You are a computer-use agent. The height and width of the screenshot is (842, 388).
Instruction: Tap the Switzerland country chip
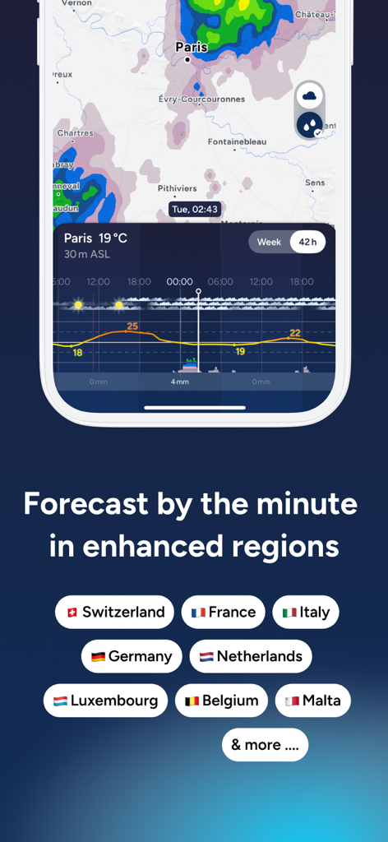[114, 612]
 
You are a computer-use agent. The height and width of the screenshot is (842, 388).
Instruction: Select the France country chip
[223, 612]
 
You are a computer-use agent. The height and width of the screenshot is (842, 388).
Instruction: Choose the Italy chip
[305, 612]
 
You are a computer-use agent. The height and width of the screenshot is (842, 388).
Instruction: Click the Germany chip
[132, 656]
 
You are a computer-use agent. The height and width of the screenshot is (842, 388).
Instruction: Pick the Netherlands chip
[251, 656]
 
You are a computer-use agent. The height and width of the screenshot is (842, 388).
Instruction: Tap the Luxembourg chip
[105, 701]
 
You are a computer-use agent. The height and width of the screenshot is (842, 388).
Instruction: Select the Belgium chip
[221, 701]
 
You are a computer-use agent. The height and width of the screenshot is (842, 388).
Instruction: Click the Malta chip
[312, 701]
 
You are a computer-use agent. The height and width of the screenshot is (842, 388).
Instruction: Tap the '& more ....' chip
[265, 744]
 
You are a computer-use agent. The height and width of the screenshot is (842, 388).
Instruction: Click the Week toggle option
[269, 242]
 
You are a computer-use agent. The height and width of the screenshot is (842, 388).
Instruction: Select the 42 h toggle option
[308, 242]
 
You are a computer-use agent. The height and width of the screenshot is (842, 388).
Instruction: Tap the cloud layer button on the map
[310, 96]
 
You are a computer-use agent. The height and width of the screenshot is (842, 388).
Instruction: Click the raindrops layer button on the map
[310, 125]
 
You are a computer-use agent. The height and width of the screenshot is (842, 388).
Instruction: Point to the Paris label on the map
[192, 47]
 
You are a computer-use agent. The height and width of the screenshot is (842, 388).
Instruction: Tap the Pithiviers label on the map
[178, 188]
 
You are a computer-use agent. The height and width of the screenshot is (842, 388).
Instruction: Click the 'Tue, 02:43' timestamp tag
[195, 209]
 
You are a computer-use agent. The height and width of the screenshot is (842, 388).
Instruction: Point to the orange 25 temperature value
[132, 326]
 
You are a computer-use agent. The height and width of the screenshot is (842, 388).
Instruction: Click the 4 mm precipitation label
[180, 382]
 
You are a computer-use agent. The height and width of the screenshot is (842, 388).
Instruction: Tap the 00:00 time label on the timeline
[179, 281]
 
